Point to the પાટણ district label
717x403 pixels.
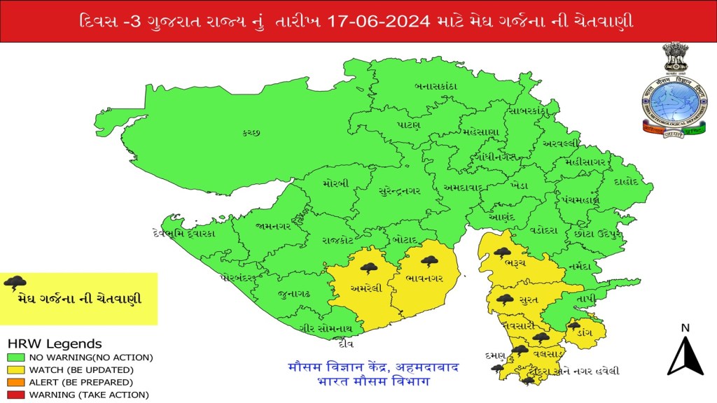[x=408, y=125]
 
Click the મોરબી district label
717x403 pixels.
[x=336, y=183]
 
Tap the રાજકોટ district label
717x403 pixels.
[x=337, y=239]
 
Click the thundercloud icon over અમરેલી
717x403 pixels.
[x=369, y=267]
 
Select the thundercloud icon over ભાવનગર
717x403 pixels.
[x=429, y=262]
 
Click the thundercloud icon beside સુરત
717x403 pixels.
[x=505, y=299]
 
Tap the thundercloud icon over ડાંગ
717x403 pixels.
[x=574, y=325]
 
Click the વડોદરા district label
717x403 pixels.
[x=544, y=229]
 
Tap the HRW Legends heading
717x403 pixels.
[x=54, y=344]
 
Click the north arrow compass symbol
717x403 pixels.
[x=685, y=354]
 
